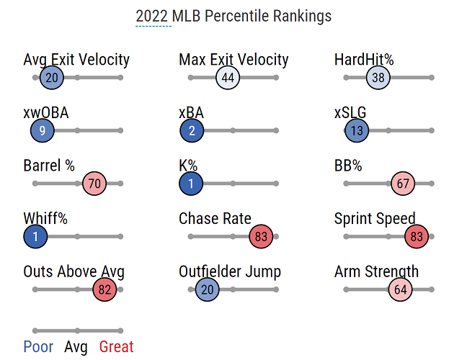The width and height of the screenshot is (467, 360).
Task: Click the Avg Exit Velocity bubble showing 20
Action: coord(51,78)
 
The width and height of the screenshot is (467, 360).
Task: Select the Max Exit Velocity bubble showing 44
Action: coord(228,78)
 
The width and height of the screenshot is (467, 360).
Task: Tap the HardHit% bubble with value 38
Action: coord(378,78)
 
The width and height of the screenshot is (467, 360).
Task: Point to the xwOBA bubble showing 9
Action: coord(43,130)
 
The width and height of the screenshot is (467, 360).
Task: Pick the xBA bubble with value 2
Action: coord(192,130)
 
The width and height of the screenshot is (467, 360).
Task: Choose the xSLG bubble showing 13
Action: coord(357,130)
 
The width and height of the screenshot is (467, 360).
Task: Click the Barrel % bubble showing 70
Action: coord(94,184)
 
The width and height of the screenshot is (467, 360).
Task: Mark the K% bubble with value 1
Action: coord(191,184)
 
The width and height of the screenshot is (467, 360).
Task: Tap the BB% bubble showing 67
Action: coord(403,184)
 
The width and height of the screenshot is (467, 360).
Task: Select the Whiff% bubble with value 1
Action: coord(35,236)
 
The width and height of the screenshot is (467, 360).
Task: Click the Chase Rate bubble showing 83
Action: coord(261,236)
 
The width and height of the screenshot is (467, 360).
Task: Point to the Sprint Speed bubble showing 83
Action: coord(417,236)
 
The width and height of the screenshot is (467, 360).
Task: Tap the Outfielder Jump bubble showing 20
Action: coord(207,289)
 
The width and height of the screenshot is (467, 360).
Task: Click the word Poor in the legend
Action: coord(38,347)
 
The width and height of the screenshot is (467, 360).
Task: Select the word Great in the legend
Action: coord(116,347)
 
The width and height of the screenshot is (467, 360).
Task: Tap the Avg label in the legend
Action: coord(76,347)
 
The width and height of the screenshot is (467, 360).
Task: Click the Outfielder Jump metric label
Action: coord(230,272)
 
